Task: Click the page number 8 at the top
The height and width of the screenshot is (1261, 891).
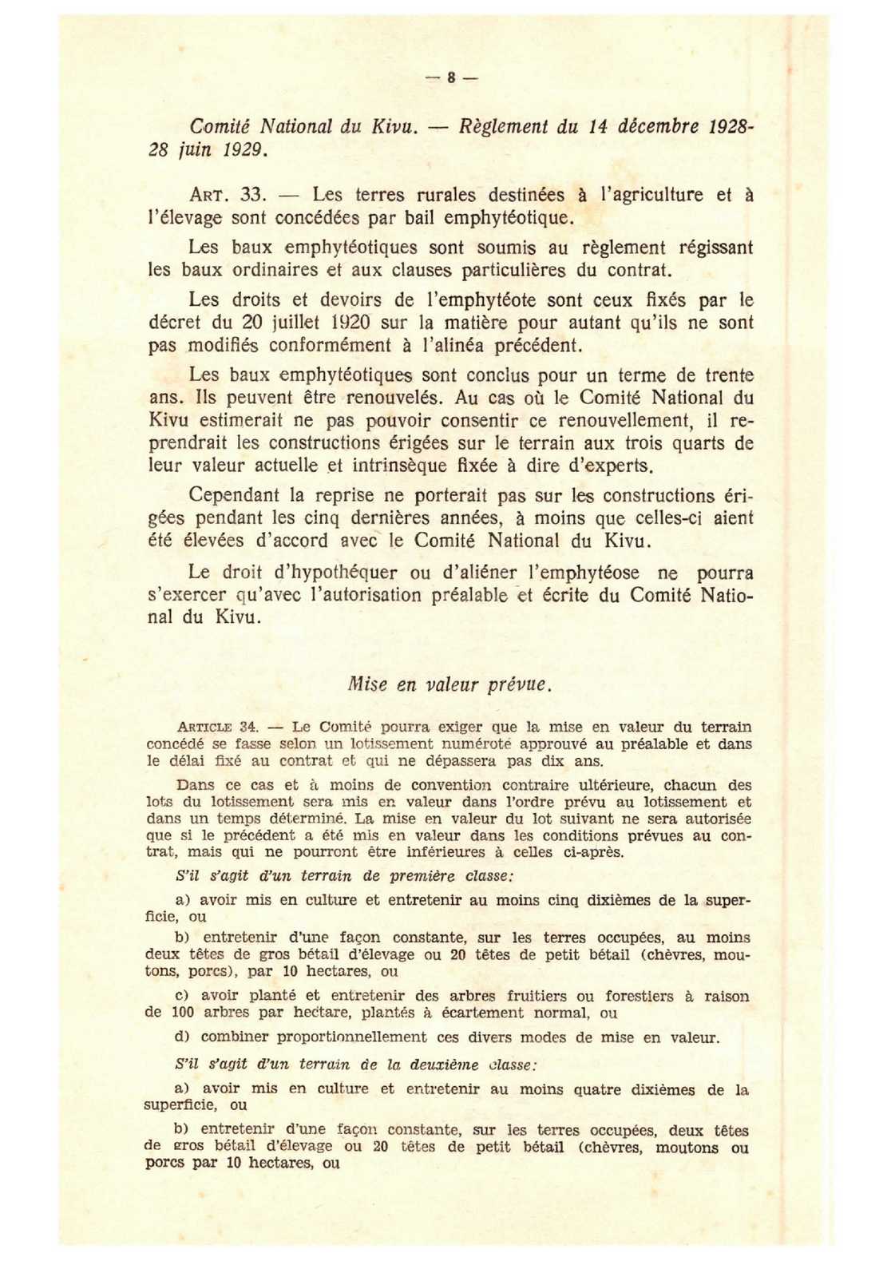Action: [x=451, y=77]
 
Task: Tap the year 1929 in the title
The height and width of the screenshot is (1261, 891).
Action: [x=245, y=149]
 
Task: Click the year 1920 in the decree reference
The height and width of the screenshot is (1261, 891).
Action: [x=348, y=323]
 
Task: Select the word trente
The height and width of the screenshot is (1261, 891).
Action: [x=729, y=375]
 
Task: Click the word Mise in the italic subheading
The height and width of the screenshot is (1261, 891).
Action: [x=368, y=684]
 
